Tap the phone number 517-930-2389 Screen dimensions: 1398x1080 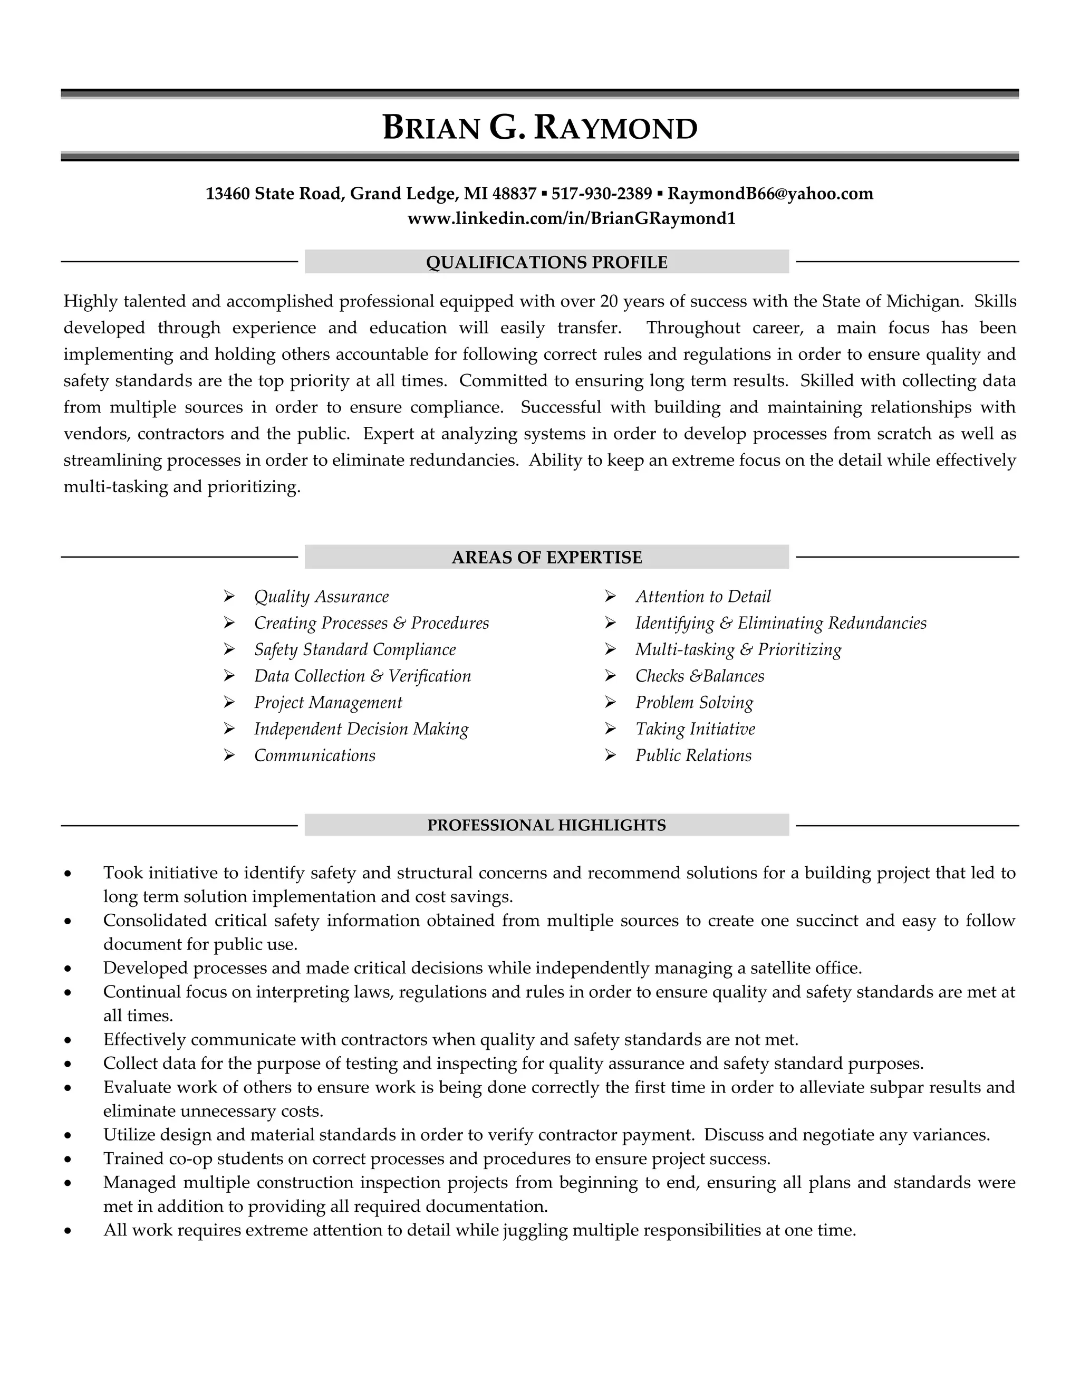(601, 193)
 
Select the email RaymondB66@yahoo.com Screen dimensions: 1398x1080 (770, 193)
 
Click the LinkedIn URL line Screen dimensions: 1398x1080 (571, 218)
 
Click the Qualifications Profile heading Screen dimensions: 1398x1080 (546, 262)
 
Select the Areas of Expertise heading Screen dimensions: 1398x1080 (546, 558)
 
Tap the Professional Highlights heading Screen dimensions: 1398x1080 (546, 825)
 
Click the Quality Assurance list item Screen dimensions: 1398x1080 (321, 597)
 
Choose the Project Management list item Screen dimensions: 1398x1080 (327, 702)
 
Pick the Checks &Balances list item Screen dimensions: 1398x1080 (699, 676)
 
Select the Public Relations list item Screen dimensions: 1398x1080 (693, 755)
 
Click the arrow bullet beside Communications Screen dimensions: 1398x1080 (229, 755)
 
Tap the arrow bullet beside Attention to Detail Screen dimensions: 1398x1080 (610, 597)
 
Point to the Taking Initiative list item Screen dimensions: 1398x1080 (695, 729)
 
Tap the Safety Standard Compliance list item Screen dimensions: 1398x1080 (354, 650)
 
